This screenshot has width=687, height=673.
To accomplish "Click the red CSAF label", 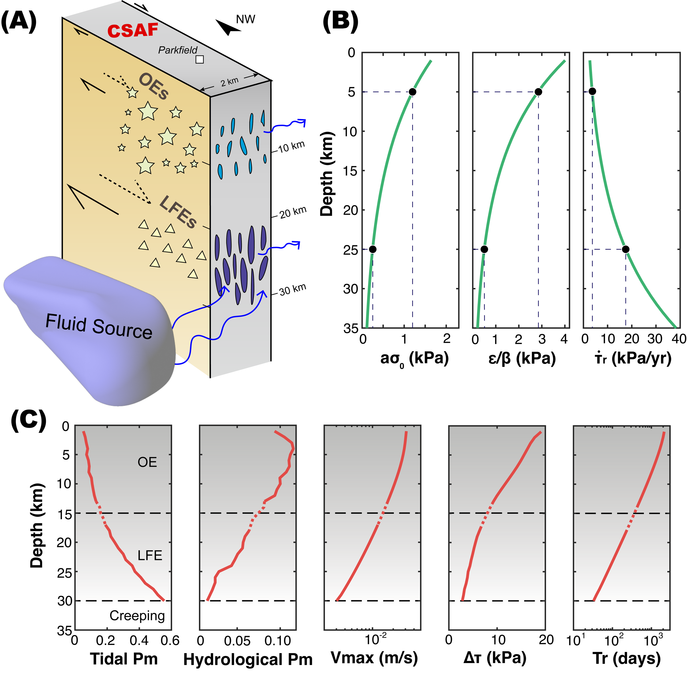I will tap(133, 30).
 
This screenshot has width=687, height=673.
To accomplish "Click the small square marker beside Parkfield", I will tap(200, 59).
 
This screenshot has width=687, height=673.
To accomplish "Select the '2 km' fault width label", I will tap(230, 82).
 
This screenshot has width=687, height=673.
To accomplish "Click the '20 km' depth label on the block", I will tap(293, 212).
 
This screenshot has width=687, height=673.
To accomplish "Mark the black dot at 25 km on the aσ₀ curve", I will tap(373, 249).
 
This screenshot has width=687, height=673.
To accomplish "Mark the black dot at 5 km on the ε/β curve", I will tap(538, 92).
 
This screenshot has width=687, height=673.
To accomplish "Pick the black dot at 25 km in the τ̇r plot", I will tap(626, 249).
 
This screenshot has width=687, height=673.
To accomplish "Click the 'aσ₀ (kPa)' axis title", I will tap(414, 359).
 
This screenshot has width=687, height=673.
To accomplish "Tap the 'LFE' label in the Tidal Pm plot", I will tap(150, 556).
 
